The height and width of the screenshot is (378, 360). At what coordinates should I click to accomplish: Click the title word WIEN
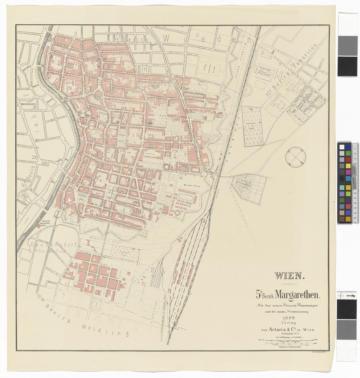coord(289,275)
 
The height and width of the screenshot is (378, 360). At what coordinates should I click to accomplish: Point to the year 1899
coord(289,319)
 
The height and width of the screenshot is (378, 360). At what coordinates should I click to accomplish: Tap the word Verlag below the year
coord(289,324)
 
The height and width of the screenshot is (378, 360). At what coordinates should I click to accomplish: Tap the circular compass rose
coord(295,157)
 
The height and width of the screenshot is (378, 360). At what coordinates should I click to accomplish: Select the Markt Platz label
coord(192,185)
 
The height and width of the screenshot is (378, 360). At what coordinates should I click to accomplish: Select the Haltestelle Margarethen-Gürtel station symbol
coord(38,226)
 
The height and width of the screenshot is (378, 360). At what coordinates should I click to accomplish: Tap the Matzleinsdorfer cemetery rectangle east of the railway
coord(251,126)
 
